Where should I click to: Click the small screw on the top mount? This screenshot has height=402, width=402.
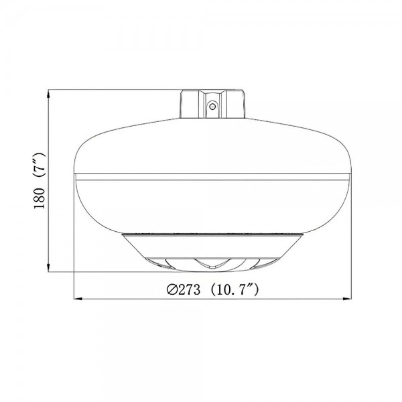click(212, 105)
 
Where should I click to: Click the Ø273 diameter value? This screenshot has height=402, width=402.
click(182, 290)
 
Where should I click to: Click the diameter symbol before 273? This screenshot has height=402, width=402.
click(171, 290)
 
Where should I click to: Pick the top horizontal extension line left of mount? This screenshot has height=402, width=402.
click(114, 89)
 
